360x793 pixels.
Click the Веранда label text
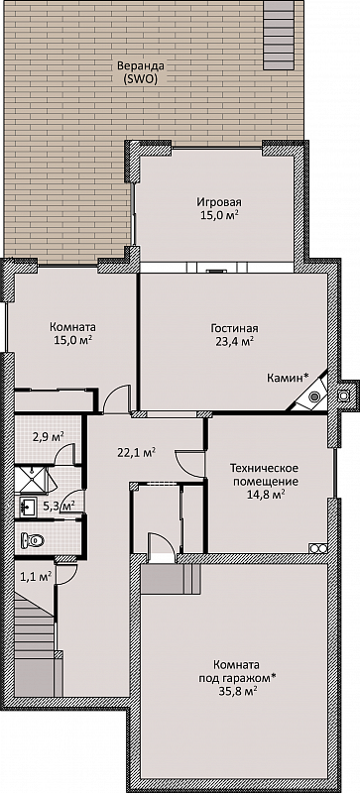pyautogui.click(x=134, y=66)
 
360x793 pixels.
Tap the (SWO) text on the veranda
pyautogui.click(x=135, y=79)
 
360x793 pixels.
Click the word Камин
pyautogui.click(x=286, y=378)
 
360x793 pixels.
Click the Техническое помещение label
pyautogui.click(x=266, y=474)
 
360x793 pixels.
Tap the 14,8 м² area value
pyautogui.click(x=265, y=494)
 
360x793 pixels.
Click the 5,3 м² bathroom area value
pyautogui.click(x=60, y=505)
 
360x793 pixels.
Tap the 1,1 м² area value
pyautogui.click(x=37, y=575)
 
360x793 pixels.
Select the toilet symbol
pyautogui.click(x=33, y=541)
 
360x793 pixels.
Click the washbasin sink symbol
pyautogui.click(x=28, y=506)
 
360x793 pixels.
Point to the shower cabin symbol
pyautogui.click(x=33, y=480)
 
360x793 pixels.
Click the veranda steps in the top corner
pyautogui.click(x=279, y=36)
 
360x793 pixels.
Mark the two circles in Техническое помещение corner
pyautogui.click(x=318, y=548)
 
